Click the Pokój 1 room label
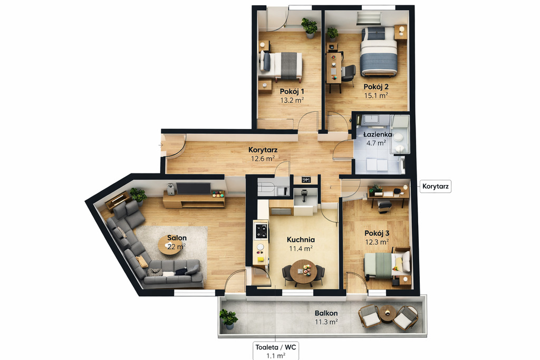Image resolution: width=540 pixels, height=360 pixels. (x=292, y=92)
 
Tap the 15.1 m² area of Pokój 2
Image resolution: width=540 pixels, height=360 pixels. (x=376, y=96)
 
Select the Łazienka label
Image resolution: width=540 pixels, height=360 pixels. (x=378, y=134)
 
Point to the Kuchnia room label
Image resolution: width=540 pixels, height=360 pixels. (x=301, y=239)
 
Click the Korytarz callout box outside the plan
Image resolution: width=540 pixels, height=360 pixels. (x=435, y=187)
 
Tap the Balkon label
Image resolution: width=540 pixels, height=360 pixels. (x=326, y=313)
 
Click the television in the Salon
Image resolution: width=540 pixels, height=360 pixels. (x=193, y=189)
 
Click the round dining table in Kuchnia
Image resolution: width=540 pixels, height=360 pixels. (x=303, y=271)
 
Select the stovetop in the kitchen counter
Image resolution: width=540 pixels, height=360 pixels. (x=261, y=230)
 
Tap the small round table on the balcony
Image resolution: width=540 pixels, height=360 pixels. (x=388, y=314)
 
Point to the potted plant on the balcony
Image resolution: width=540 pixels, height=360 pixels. (x=228, y=319)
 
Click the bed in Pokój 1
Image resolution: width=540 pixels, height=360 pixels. (x=281, y=65)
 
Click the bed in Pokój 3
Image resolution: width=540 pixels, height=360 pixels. (x=388, y=265)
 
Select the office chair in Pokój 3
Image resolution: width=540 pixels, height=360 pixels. (x=384, y=206)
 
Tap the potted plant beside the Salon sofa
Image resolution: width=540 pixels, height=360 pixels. (x=138, y=196)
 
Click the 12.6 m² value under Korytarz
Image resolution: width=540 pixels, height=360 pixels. (x=263, y=159)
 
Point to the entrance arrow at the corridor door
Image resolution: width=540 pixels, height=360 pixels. (x=161, y=145)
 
